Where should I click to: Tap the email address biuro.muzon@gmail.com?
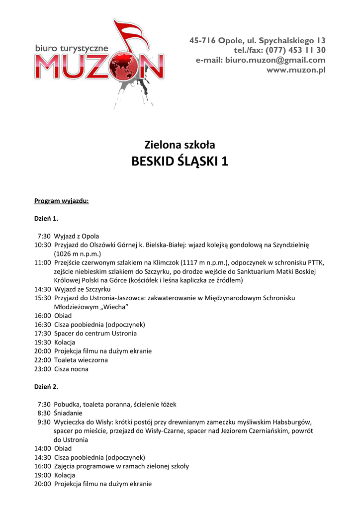pyautogui.click(x=275, y=60)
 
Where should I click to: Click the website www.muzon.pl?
pyautogui.click(x=296, y=70)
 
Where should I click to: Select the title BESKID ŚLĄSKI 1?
pyautogui.click(x=180, y=162)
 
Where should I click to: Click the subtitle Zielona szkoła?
pyautogui.click(x=180, y=145)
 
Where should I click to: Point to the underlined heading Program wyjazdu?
pyautogui.click(x=61, y=201)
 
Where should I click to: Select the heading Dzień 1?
pyautogui.click(x=46, y=218)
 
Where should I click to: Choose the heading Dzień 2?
pyautogui.click(x=46, y=386)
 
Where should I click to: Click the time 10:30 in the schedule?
pyautogui.click(x=42, y=245)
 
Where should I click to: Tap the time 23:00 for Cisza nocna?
pyautogui.click(x=42, y=369)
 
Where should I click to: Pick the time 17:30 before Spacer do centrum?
pyautogui.click(x=42, y=334)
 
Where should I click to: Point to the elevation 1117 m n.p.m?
pyautogui.click(x=202, y=262)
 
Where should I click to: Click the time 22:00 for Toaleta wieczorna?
pyautogui.click(x=42, y=360)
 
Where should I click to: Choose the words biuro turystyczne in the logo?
pyautogui.click(x=72, y=49)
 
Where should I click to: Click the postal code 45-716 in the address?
pyautogui.click(x=204, y=40)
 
